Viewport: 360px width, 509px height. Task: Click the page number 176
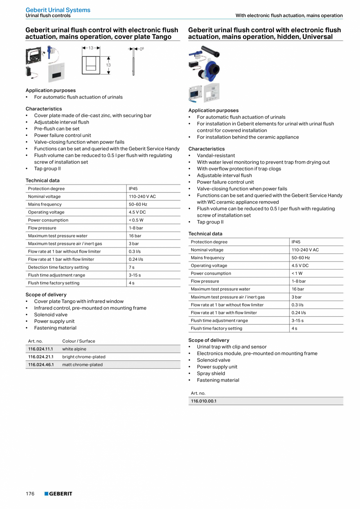point(30,494)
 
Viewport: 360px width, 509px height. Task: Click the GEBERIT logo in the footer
point(58,494)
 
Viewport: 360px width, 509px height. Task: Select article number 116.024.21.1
point(41,357)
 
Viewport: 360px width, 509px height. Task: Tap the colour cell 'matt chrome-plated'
point(82,365)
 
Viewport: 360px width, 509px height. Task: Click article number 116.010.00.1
point(203,401)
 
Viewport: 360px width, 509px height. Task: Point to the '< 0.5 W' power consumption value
point(136,220)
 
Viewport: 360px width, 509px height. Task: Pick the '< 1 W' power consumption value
point(297,273)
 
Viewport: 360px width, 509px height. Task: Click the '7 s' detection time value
point(131,267)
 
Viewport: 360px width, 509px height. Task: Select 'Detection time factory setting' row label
point(58,267)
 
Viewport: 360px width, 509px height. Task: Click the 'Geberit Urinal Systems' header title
point(58,10)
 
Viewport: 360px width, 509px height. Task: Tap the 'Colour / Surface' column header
point(79,341)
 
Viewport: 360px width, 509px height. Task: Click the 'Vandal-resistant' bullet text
point(216,155)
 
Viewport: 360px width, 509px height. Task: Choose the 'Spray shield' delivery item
point(211,374)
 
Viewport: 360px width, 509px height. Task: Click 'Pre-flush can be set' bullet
point(57,128)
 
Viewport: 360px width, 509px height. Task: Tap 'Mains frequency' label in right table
point(208,258)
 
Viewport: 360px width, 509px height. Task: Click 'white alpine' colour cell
point(74,349)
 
